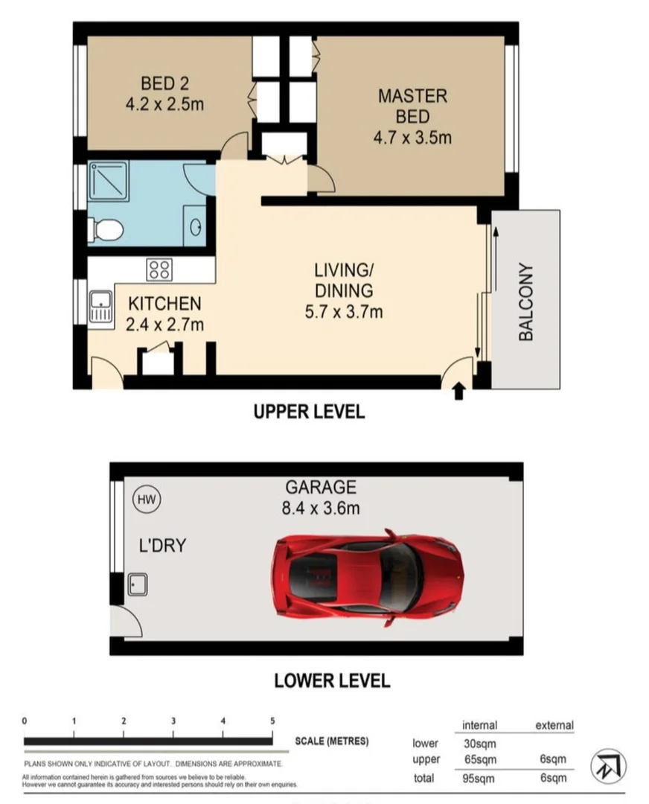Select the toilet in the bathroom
coord(106,230)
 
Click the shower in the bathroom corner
coord(109,182)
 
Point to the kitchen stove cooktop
coord(159,269)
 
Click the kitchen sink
coord(100,307)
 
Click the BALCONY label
coord(526,301)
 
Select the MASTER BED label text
coord(412,106)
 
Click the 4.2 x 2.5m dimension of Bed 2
coord(164,104)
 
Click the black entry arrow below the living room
coord(458,390)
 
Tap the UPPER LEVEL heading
coord(309,412)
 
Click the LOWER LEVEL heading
coord(332,680)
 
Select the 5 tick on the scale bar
coord(272,721)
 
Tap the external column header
coord(554,724)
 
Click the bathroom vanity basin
coord(196,226)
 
